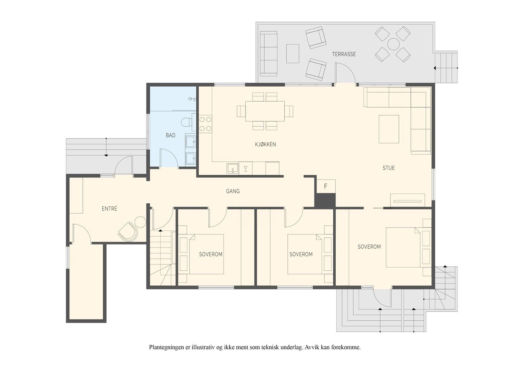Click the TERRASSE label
(344, 54)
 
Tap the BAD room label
(171, 135)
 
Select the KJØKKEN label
(265, 144)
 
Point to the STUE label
(388, 168)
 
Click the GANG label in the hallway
(233, 191)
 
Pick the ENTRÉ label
(110, 209)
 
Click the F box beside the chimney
(325, 186)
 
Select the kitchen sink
(233, 168)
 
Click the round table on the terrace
(393, 44)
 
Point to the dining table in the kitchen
(265, 111)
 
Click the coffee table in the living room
(389, 129)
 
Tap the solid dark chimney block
(325, 200)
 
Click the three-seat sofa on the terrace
(269, 54)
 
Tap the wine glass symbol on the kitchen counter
(246, 168)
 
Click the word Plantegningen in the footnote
(167, 347)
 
